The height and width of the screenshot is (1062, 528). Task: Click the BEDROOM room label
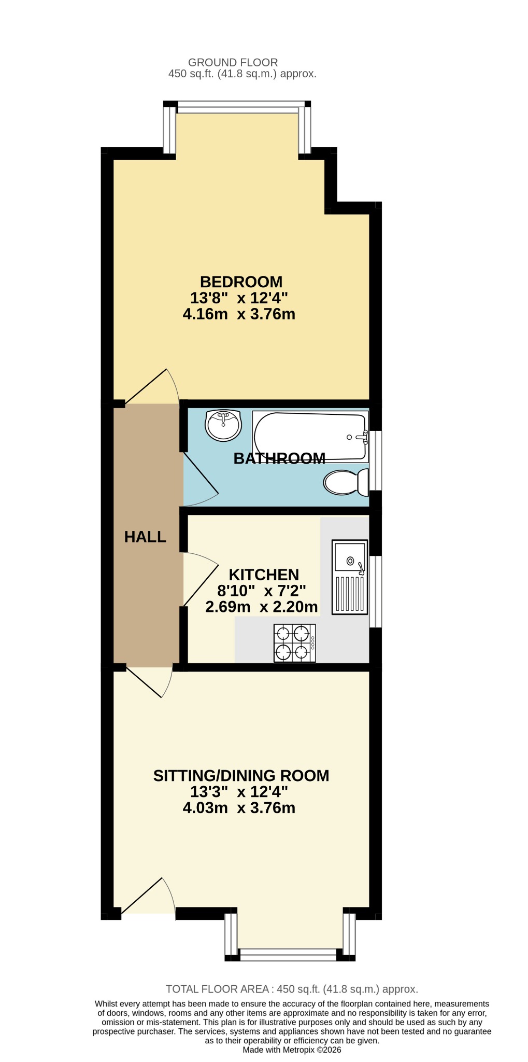tap(241, 282)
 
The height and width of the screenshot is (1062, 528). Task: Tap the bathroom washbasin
tap(223, 425)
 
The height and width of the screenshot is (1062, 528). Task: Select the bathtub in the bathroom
tap(310, 436)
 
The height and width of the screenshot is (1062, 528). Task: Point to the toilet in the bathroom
tap(346, 482)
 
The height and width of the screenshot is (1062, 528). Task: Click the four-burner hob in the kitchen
tap(294, 643)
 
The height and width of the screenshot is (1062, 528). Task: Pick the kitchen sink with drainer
tap(350, 577)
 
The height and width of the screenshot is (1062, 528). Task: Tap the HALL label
tap(145, 537)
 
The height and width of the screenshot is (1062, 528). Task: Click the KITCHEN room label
tap(264, 575)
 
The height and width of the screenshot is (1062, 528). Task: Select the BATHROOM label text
tap(279, 458)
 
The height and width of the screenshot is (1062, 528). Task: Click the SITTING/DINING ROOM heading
tap(241, 775)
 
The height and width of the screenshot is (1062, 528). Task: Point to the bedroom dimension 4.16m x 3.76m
tap(239, 314)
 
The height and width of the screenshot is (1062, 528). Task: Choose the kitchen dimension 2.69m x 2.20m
tap(262, 607)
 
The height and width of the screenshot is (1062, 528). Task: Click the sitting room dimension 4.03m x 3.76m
tap(239, 808)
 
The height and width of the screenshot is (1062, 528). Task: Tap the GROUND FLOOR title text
tap(233, 62)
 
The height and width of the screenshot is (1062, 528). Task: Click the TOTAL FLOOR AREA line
tap(292, 989)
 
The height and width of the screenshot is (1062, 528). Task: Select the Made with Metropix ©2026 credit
tap(292, 1050)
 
